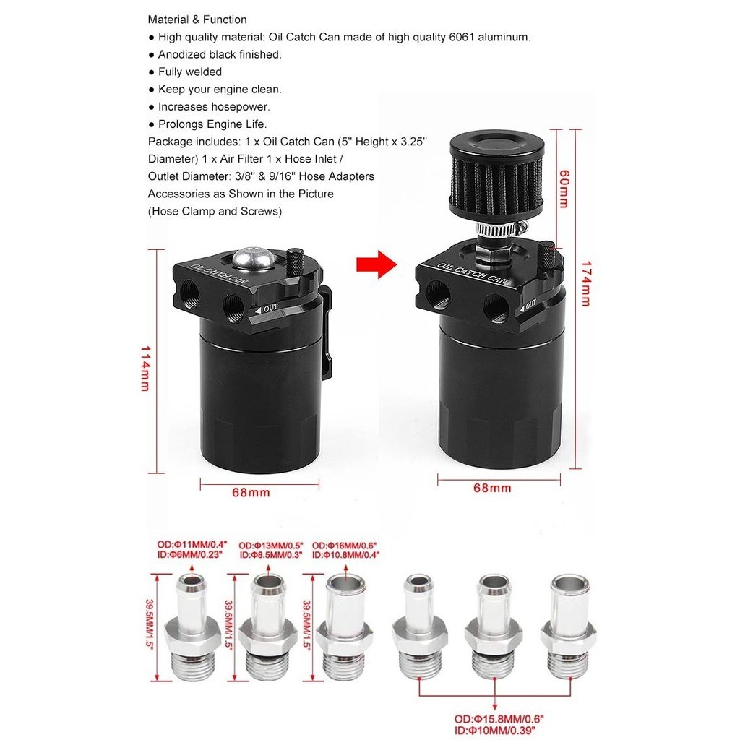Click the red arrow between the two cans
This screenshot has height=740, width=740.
point(376,264)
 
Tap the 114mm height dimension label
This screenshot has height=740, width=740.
point(145,369)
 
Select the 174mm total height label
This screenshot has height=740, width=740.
point(585,284)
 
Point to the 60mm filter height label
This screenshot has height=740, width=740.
point(564,189)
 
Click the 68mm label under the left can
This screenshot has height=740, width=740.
point(251,493)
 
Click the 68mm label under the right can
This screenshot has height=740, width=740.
point(492,488)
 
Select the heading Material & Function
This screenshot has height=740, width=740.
point(197,20)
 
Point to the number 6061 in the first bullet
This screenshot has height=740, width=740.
point(462,38)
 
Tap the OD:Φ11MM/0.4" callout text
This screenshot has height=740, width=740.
point(192,545)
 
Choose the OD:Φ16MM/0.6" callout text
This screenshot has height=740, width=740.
point(344,546)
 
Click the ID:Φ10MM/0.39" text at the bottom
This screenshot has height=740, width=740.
point(495,731)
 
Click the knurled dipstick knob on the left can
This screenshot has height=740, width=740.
point(296,262)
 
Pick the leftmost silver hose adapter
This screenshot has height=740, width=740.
point(192,627)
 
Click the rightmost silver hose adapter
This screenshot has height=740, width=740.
point(569,627)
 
